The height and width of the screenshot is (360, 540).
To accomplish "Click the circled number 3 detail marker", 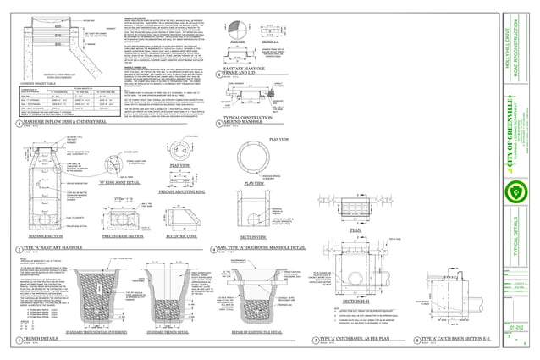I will click(x=19, y=124).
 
